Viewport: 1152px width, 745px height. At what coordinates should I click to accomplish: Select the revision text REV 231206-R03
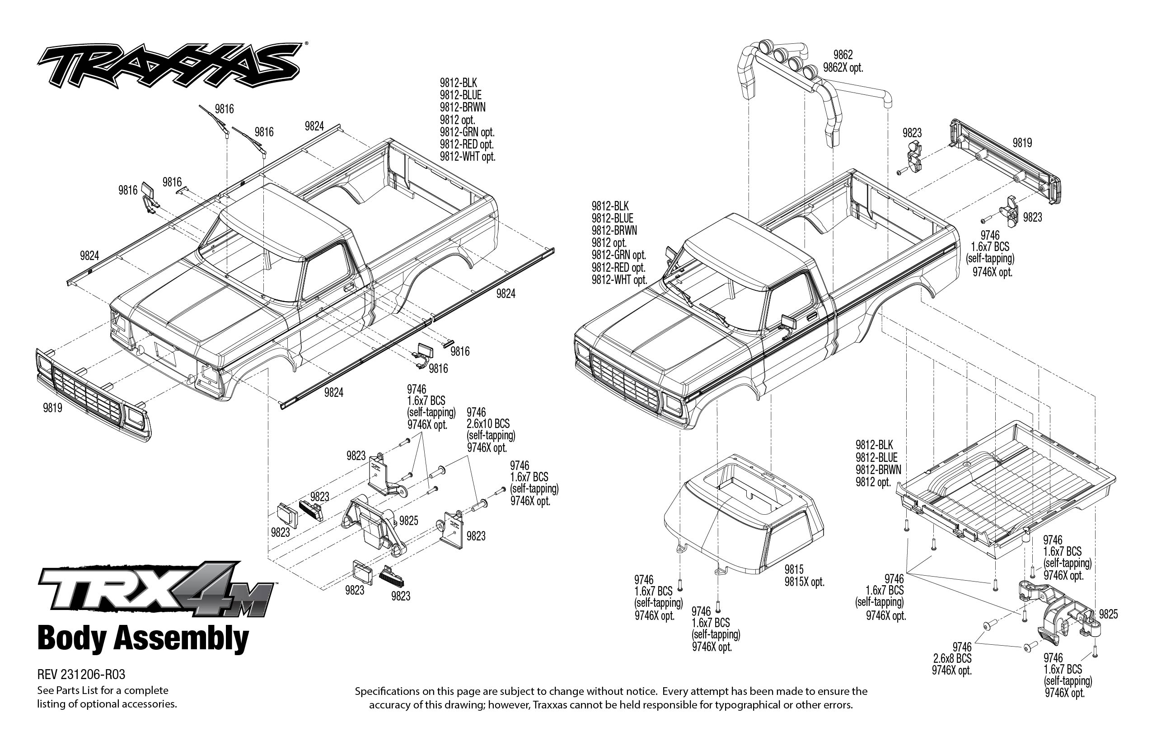pyautogui.click(x=81, y=675)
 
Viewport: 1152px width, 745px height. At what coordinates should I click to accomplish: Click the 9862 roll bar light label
pyautogui.click(x=843, y=55)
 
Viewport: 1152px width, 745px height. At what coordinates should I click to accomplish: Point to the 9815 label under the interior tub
pyautogui.click(x=794, y=569)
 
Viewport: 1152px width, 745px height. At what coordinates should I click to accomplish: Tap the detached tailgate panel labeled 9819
pyautogui.click(x=1005, y=162)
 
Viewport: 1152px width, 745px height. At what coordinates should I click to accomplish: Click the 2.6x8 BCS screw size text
pyautogui.click(x=952, y=659)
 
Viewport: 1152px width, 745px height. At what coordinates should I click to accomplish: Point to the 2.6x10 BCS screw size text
pyautogui.click(x=488, y=424)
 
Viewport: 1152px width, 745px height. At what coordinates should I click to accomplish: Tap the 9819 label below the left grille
pyautogui.click(x=52, y=408)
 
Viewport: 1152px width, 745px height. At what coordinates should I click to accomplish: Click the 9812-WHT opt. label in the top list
pyautogui.click(x=468, y=157)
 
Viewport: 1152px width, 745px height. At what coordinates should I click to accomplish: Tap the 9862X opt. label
pyautogui.click(x=843, y=68)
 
